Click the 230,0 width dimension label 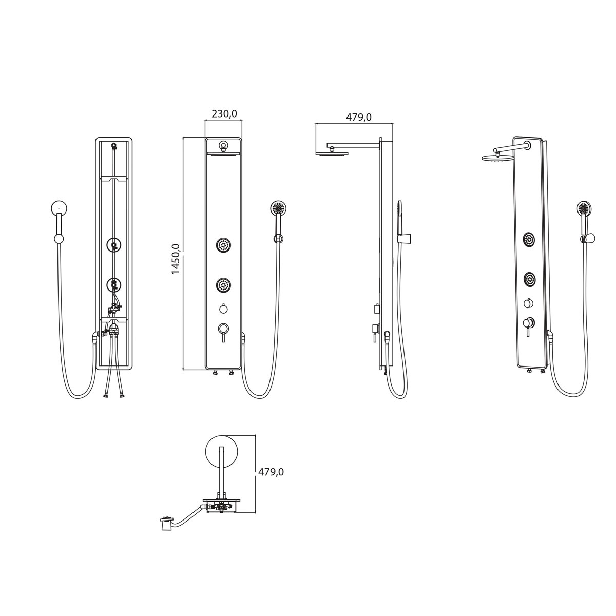coord(224,114)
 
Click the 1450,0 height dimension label coord(176,259)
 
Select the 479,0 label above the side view coord(359,118)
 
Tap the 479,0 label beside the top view coord(271,472)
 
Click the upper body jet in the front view coord(224,245)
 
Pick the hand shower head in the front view coord(279,208)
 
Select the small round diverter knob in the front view coord(224,309)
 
